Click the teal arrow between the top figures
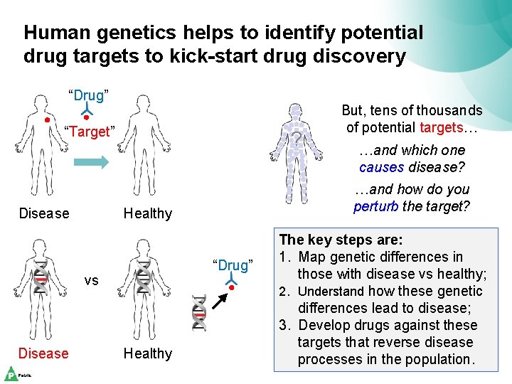pyautogui.click(x=90, y=163)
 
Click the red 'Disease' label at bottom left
pyautogui.click(x=43, y=353)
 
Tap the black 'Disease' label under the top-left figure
pyautogui.click(x=44, y=213)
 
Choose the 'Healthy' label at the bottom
pyautogui.click(x=148, y=353)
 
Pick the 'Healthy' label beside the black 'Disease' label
pyautogui.click(x=148, y=213)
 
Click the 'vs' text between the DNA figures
pyautogui.click(x=92, y=280)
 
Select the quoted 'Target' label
pyautogui.click(x=88, y=132)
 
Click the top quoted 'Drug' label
pyautogui.click(x=88, y=95)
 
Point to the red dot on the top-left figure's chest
pyautogui.click(x=47, y=120)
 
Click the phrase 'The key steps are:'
pyautogui.click(x=341, y=240)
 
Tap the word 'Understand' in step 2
pyautogui.click(x=331, y=291)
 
